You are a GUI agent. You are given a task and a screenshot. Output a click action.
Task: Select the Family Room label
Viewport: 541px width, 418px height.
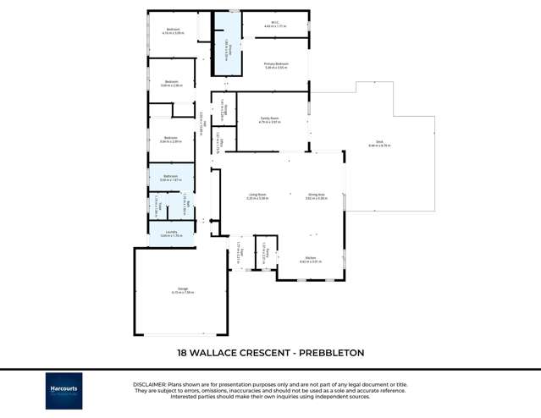[270, 120]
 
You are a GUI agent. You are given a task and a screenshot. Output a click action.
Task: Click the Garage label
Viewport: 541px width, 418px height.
[182, 290]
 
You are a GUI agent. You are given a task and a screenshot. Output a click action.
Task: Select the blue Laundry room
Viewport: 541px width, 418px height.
[172, 234]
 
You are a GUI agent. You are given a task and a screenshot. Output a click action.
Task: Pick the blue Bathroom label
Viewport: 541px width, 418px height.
[171, 178]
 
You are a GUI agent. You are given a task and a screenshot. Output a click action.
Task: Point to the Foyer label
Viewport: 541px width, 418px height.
[240, 253]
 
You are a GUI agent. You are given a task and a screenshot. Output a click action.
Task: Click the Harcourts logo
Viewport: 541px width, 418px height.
[64, 390]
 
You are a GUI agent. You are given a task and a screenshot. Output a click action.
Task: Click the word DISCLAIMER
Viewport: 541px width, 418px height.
[150, 383]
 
